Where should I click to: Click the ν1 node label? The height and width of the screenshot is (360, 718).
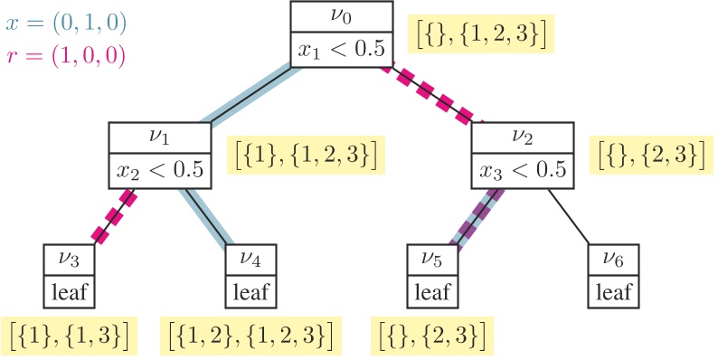160,137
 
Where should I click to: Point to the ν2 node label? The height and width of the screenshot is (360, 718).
523,137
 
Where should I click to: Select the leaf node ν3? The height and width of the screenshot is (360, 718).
70,275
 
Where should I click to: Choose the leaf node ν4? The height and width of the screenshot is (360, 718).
251,275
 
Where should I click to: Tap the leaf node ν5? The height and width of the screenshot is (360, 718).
432,275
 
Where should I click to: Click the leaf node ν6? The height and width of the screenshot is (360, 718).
614,275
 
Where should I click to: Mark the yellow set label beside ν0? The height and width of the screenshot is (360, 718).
480,34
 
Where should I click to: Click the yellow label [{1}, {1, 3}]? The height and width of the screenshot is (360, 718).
70,334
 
